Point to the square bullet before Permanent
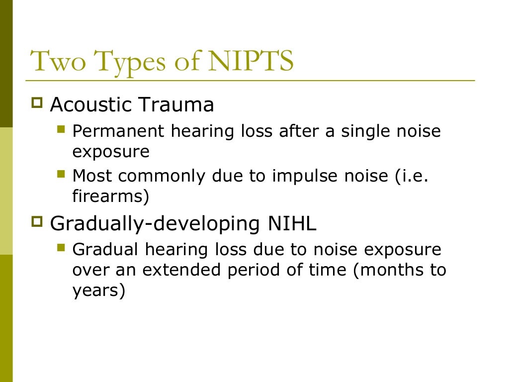point(61,130)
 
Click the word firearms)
point(110,196)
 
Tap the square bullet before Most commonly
point(61,175)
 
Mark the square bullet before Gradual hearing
point(61,247)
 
